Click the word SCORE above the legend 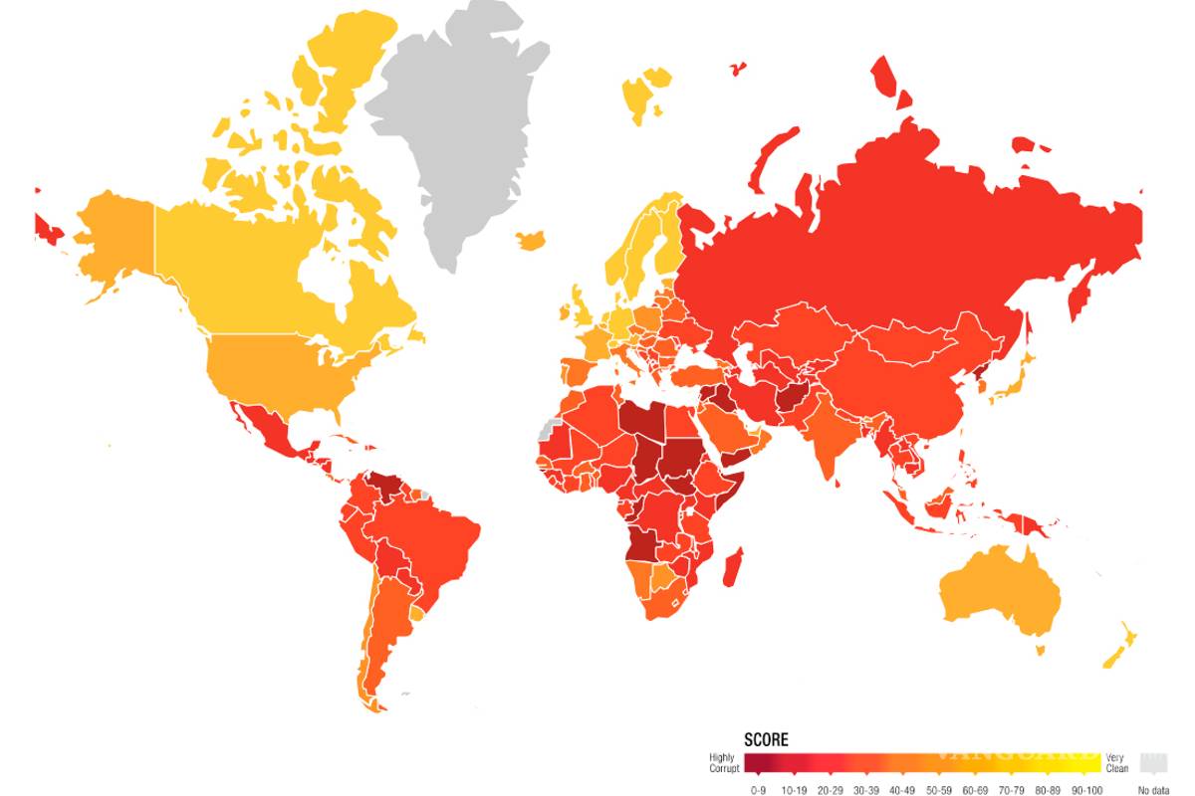click(766, 739)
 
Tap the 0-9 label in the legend click(758, 790)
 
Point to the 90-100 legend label click(1083, 790)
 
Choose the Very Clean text click(1116, 763)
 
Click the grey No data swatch click(1154, 763)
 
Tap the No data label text click(1154, 790)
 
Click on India click(823, 438)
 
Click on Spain click(579, 375)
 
